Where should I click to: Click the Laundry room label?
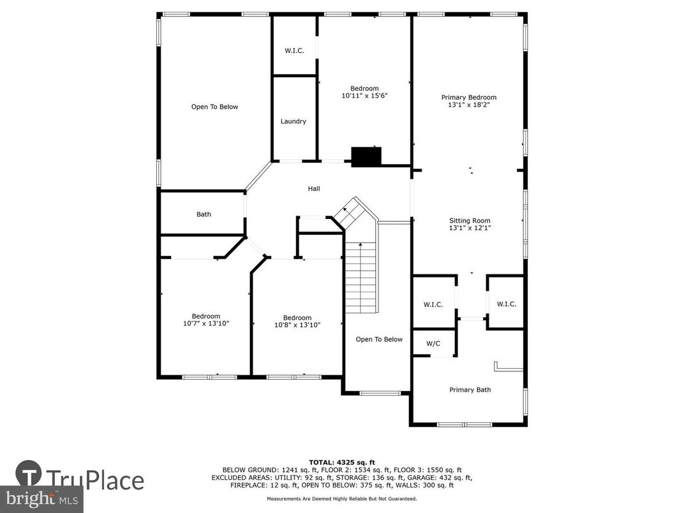coord(294,121)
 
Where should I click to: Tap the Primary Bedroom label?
coord(469,98)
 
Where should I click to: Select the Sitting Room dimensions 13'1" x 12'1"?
coord(470,228)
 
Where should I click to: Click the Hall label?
coord(314,189)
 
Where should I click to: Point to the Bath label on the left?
coord(204,214)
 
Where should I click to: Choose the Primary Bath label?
coord(470,390)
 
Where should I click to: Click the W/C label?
coord(433,343)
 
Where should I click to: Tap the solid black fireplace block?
coord(366,156)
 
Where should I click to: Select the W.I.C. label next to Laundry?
coord(294,51)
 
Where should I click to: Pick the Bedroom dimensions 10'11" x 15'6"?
coord(365,96)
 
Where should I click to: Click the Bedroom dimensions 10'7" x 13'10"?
coord(206,323)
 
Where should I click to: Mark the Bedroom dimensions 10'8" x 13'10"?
coord(297,325)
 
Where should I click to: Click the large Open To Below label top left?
coord(214,107)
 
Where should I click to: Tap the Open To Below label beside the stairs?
coord(379,339)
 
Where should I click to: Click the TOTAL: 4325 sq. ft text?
coord(341,462)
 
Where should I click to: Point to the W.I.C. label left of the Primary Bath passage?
coord(433,304)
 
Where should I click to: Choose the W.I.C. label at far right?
coord(506,304)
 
